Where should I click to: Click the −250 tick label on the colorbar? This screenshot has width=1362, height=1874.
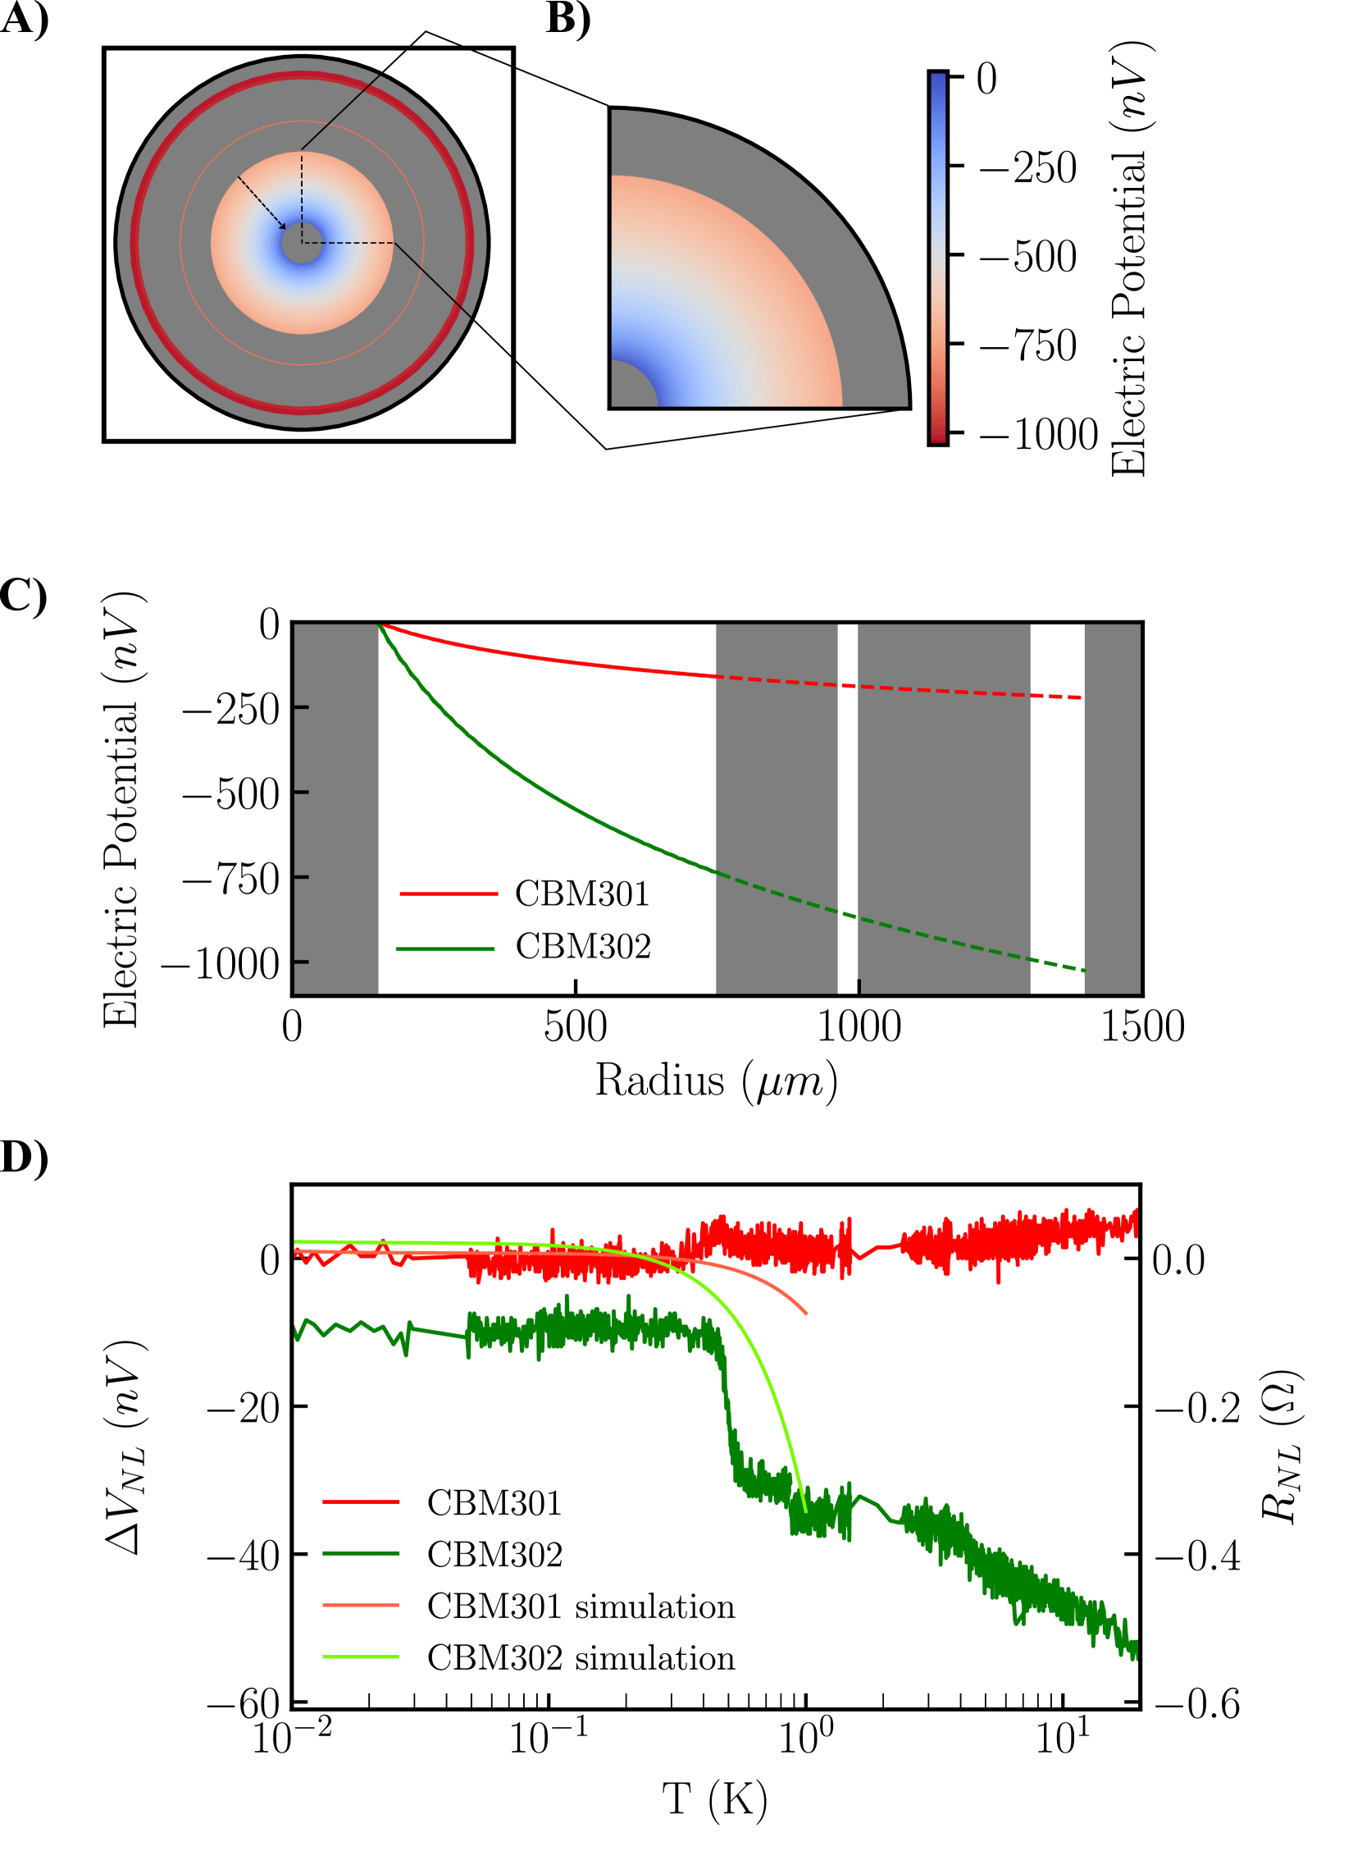pyautogui.click(x=1027, y=167)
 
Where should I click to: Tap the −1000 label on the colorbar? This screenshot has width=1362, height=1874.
pyautogui.click(x=1038, y=435)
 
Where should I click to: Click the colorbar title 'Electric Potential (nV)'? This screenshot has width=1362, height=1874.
pyautogui.click(x=1130, y=258)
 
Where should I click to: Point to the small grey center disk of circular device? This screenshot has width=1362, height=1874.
pyautogui.click(x=302, y=243)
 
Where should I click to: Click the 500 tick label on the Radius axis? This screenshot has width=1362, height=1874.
pyautogui.click(x=575, y=1027)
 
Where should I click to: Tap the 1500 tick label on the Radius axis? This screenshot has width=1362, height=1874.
pyautogui.click(x=1142, y=1027)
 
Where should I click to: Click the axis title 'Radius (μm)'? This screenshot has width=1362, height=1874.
pyautogui.click(x=716, y=1081)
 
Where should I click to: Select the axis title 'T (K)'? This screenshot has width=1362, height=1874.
pyautogui.click(x=715, y=1799)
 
